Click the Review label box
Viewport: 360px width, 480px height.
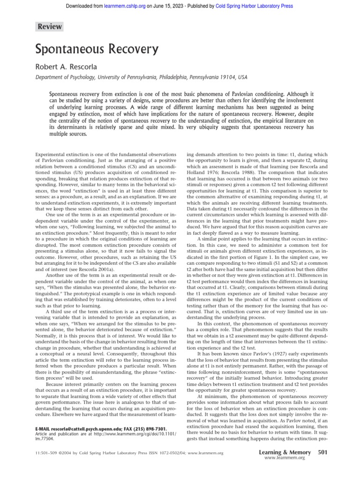[x=50, y=27]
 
